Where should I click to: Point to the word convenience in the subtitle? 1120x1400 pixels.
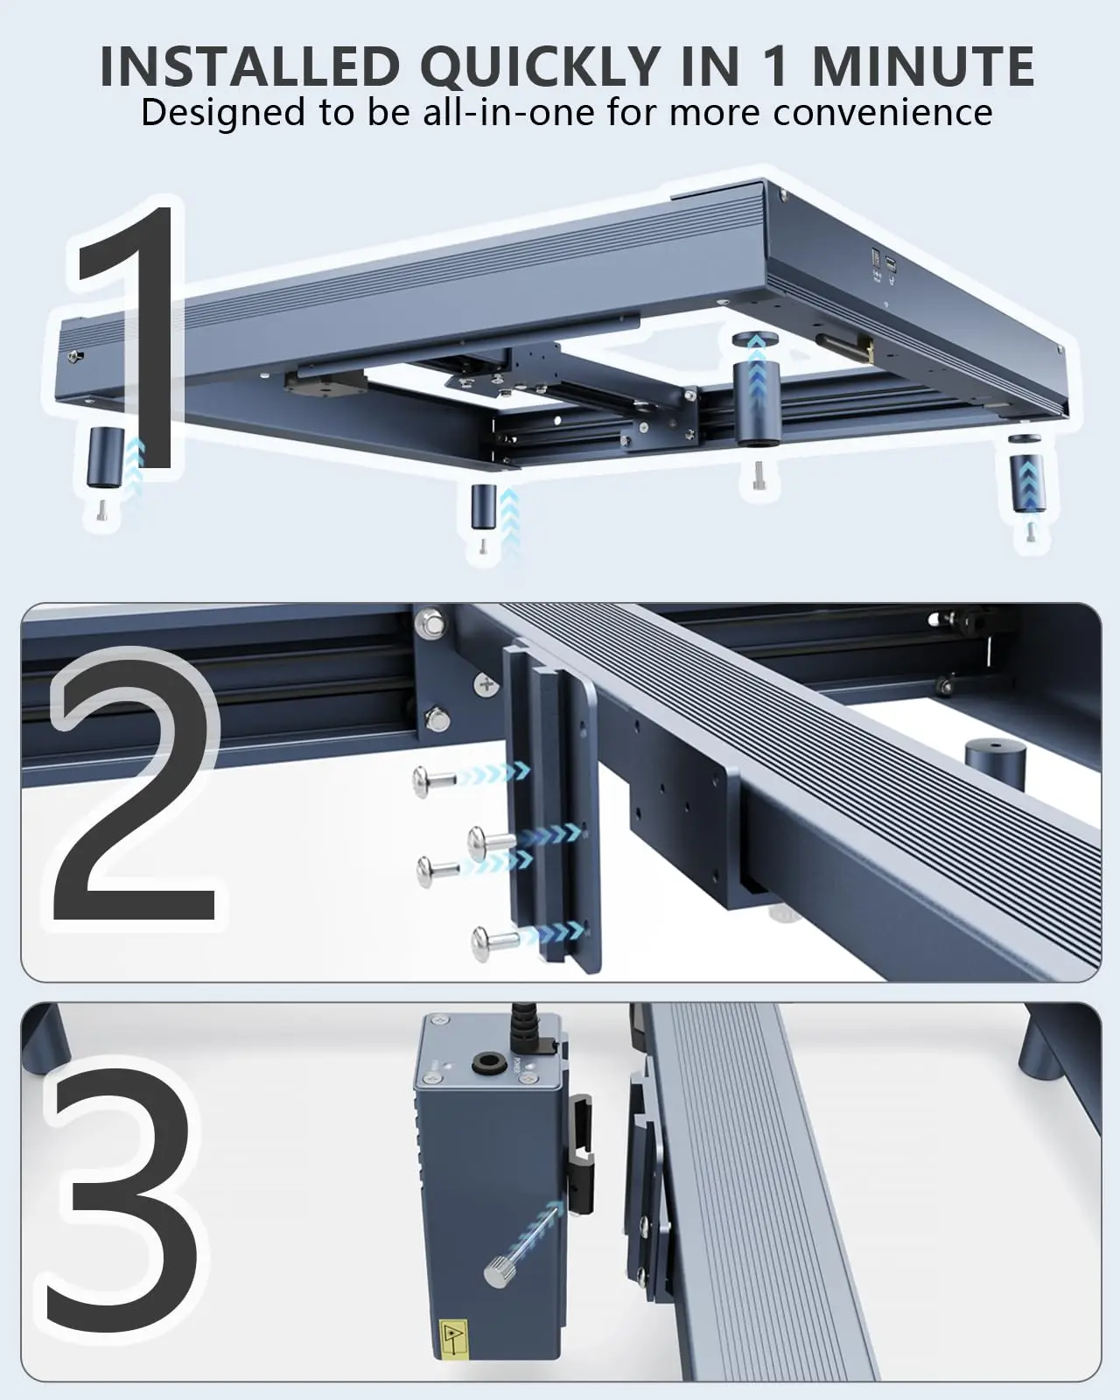click(x=883, y=112)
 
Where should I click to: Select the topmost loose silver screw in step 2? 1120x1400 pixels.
click(x=436, y=780)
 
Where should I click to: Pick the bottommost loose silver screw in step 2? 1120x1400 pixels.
click(x=494, y=942)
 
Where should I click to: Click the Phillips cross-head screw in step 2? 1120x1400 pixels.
click(x=485, y=685)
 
